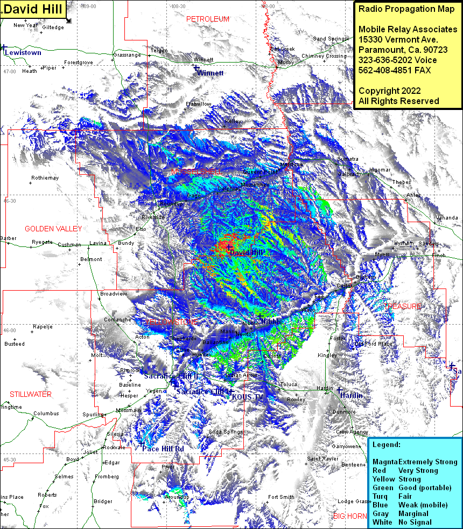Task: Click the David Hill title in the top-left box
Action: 32,9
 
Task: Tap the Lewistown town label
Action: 23,53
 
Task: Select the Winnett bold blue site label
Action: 210,73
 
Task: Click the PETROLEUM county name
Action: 208,19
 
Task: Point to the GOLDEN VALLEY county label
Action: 53,229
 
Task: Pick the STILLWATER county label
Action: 31,394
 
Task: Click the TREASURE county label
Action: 403,306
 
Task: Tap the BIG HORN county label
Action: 350,516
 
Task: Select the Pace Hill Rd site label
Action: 163,449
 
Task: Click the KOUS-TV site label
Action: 248,397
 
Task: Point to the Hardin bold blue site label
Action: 351,395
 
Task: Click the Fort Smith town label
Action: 281,497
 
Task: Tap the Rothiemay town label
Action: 45,177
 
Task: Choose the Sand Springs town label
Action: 329,39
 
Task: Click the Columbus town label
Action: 46,414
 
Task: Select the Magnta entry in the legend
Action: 385,462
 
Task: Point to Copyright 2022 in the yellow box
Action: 390,91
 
